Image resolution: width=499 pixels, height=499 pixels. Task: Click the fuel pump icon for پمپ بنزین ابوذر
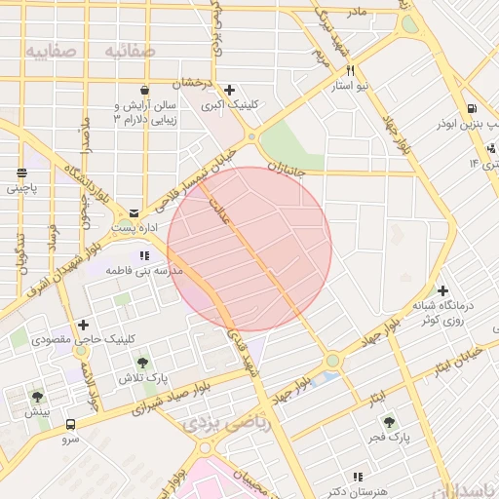pos(472,109)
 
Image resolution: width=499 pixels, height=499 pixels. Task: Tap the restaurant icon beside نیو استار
pos(349,70)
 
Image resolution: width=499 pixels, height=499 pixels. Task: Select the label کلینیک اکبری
pos(228,106)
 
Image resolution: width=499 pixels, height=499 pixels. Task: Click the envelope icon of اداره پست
pos(134,211)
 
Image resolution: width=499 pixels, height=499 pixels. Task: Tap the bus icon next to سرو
pos(70,424)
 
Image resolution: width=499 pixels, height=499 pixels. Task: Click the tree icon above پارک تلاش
pos(144,363)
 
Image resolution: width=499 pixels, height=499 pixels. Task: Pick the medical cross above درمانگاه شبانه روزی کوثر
pos(442,290)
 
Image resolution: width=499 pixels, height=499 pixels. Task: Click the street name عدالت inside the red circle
pos(216,207)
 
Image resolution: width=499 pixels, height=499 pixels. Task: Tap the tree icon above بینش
pos(37,397)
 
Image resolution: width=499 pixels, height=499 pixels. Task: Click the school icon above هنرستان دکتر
pos(358,478)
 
